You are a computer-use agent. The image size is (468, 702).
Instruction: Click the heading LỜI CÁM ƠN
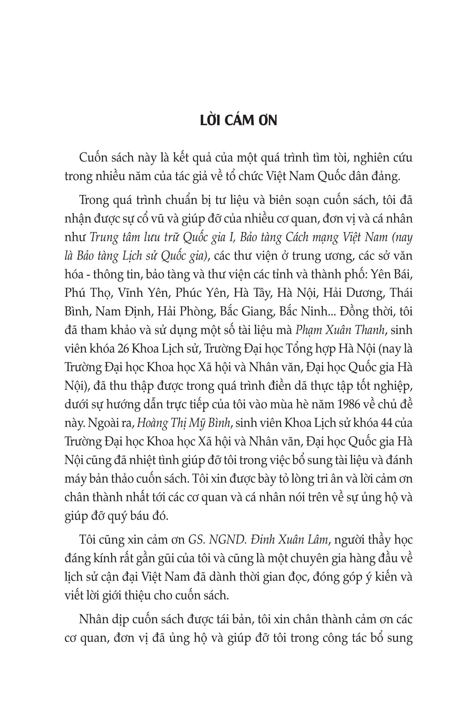click(239, 121)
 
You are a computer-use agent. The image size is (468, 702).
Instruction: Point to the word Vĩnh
click(130, 293)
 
